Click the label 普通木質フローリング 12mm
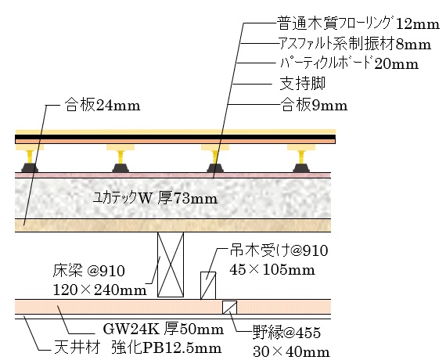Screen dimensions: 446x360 tap(358, 23)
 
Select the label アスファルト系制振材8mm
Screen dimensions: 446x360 tap(354, 44)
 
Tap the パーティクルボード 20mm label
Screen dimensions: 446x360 tap(349, 63)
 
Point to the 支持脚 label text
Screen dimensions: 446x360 tap(303, 84)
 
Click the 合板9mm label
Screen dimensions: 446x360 tap(315, 106)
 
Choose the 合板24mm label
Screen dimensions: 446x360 tap(103, 106)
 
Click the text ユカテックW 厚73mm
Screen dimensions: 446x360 tap(155, 198)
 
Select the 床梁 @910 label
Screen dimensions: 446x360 tap(88, 271)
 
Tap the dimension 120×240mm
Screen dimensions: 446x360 tap(100, 290)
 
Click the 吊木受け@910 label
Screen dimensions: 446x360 tap(279, 250)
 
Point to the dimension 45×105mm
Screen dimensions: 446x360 tap(272, 270)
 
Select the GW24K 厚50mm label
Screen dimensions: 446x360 tap(164, 329)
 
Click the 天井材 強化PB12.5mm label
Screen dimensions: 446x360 tap(138, 348)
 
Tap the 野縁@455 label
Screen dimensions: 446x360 tap(286, 333)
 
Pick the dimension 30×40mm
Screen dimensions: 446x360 tap(291, 352)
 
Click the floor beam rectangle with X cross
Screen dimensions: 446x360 tap(171, 265)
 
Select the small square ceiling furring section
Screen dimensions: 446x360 tap(229, 308)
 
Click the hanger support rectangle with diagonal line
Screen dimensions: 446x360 tap(208, 286)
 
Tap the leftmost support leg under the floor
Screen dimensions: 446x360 tap(30, 159)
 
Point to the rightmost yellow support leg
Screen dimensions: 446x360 tap(301, 159)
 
